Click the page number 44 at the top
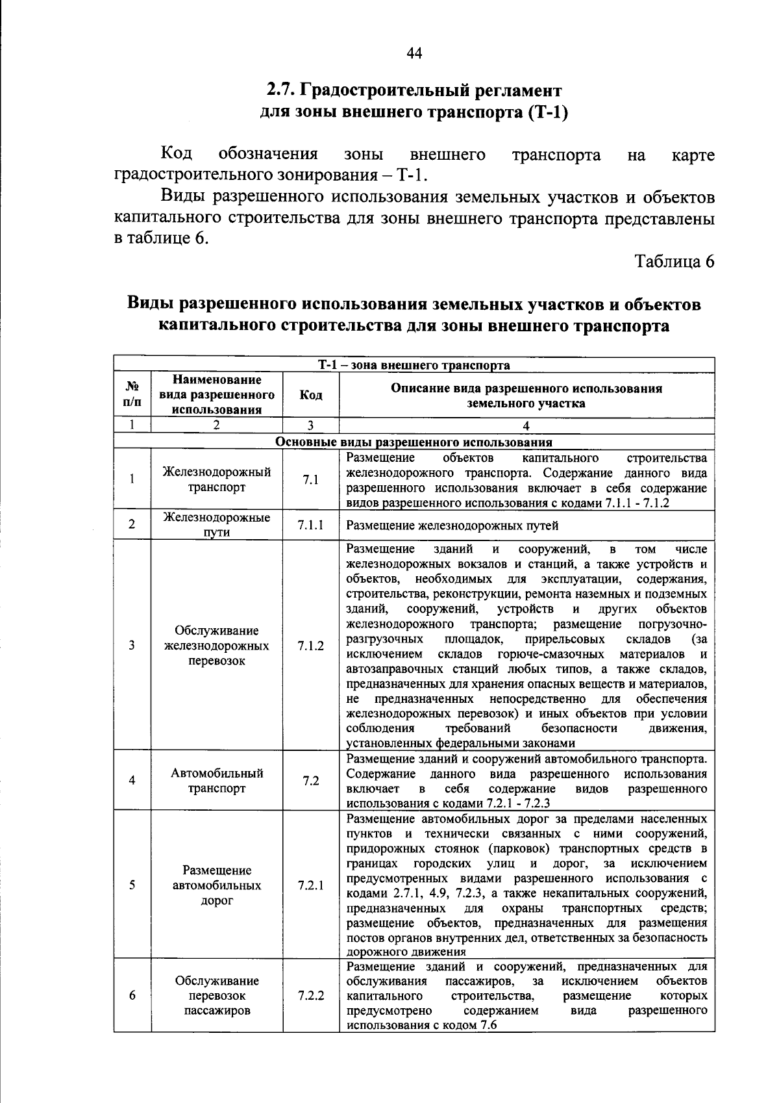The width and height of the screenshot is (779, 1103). (x=414, y=54)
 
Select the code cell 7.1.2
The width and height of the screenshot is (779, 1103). (x=310, y=646)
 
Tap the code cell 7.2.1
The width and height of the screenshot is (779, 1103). (x=310, y=885)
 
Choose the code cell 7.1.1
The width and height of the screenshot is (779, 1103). (x=310, y=525)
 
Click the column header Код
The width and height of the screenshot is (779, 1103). (x=310, y=396)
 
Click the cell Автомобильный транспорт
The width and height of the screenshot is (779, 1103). (x=217, y=781)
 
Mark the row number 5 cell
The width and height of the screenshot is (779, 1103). (x=132, y=885)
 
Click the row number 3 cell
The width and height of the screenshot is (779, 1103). (x=132, y=646)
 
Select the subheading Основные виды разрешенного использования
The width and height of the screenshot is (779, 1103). (x=414, y=442)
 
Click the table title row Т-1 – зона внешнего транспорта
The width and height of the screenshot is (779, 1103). (x=414, y=365)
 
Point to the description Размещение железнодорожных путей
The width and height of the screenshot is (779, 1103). (x=452, y=526)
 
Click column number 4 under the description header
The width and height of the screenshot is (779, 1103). (x=526, y=426)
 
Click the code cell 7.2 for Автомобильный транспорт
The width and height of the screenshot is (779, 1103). (x=310, y=781)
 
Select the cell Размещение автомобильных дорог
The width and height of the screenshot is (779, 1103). (x=217, y=885)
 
